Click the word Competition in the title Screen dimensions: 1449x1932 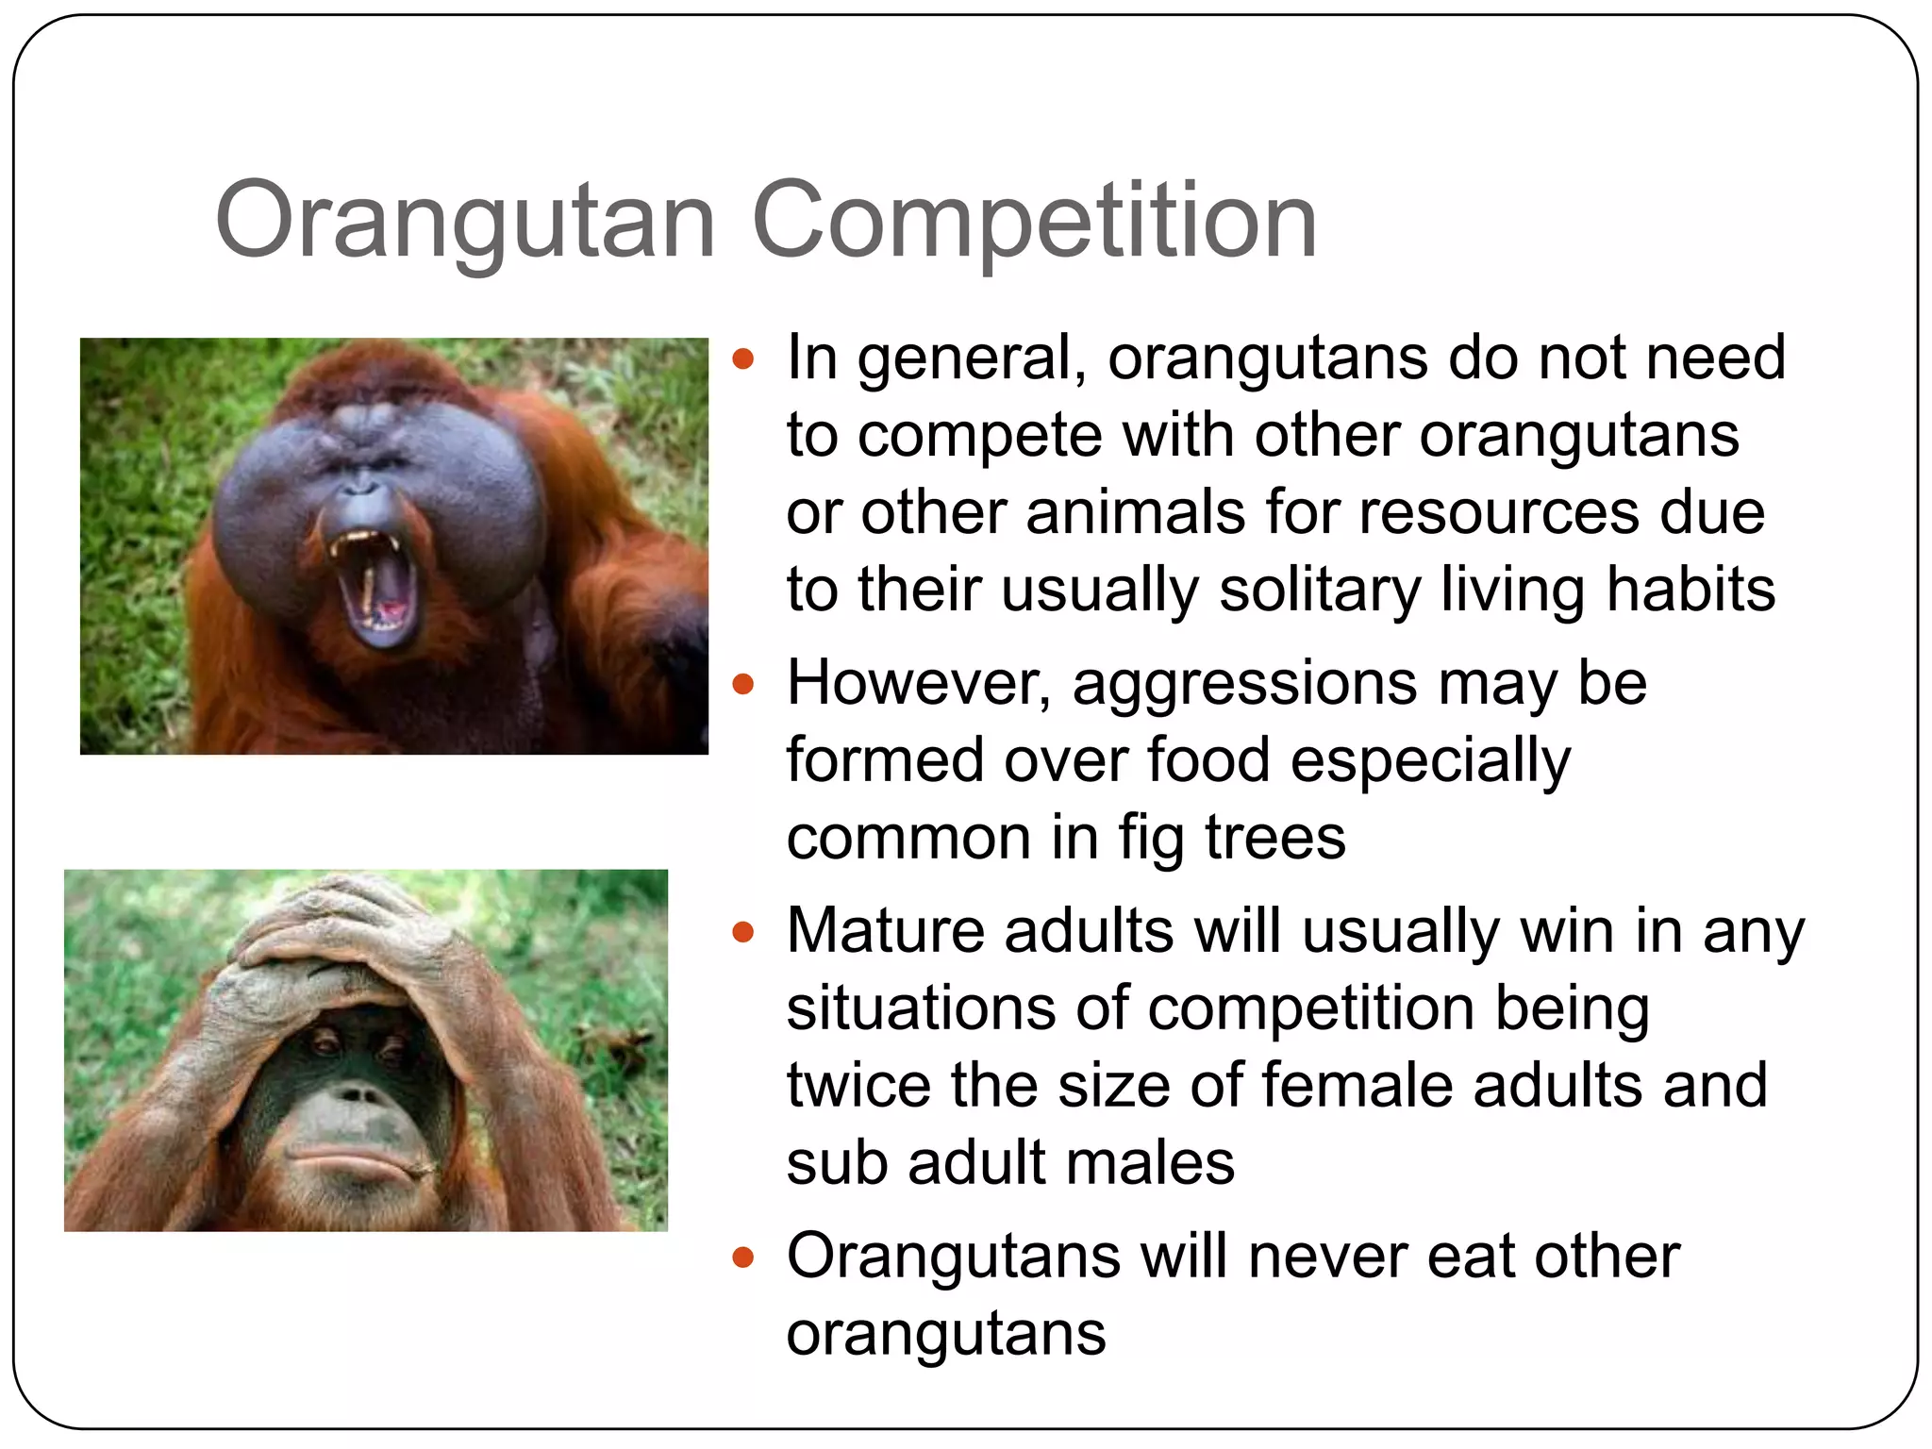pyautogui.click(x=1034, y=221)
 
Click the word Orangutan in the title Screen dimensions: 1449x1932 pyautogui.click(x=464, y=221)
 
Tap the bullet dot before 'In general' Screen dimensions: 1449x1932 pyautogui.click(x=743, y=358)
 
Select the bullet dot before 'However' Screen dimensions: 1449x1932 pyautogui.click(x=743, y=684)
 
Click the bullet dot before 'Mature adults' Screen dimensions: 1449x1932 pyautogui.click(x=743, y=933)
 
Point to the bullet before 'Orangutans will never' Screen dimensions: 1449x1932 pyautogui.click(x=743, y=1257)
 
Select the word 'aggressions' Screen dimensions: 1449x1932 pyautogui.click(x=1244, y=684)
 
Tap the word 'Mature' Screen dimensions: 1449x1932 pyautogui.click(x=886, y=931)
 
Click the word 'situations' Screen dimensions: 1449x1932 pyautogui.click(x=920, y=1008)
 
